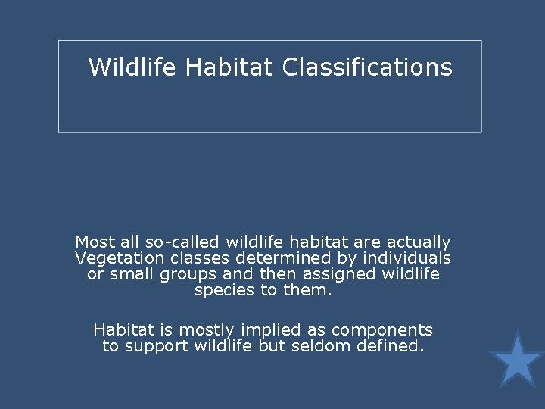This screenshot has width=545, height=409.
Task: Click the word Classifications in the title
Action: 367,67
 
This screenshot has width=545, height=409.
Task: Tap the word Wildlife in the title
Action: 132,67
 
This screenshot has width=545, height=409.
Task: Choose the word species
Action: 223,290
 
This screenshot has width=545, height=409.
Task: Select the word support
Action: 155,347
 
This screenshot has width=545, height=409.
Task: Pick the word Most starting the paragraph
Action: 95,242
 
